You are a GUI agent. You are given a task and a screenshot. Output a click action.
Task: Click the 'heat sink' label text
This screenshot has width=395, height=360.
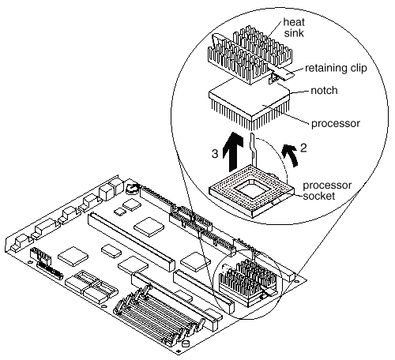click(x=294, y=28)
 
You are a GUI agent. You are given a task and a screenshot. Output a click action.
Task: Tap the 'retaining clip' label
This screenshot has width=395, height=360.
click(x=336, y=68)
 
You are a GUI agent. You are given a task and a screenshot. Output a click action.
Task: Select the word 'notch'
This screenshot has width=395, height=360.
click(x=324, y=90)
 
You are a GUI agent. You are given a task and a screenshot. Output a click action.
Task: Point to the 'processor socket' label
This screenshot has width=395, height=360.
click(x=327, y=190)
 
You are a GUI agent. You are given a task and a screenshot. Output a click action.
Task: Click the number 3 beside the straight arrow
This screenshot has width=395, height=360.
click(x=215, y=154)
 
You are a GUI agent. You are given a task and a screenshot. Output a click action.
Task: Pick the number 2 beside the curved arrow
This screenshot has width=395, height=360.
click(x=303, y=148)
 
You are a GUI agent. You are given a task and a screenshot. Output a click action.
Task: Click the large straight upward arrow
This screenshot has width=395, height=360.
click(x=233, y=152)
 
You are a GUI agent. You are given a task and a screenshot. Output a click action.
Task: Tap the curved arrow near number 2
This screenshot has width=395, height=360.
click(x=291, y=156)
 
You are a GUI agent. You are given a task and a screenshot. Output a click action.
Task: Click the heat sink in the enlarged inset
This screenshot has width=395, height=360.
click(x=250, y=54)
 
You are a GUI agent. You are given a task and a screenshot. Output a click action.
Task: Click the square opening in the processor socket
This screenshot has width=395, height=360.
click(x=250, y=188)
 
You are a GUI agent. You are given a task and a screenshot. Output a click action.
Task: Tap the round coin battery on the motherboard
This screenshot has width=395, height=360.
click(x=132, y=189)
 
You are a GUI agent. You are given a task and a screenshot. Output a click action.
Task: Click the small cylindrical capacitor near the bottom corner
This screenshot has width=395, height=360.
click(x=186, y=343)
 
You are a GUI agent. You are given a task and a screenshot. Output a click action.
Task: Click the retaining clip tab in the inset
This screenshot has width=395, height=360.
click(x=281, y=74)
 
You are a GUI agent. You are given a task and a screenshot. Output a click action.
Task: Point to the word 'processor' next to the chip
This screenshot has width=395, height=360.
click(x=336, y=123)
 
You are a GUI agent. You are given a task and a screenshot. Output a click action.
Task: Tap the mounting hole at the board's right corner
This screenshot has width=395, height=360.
click(x=297, y=281)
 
